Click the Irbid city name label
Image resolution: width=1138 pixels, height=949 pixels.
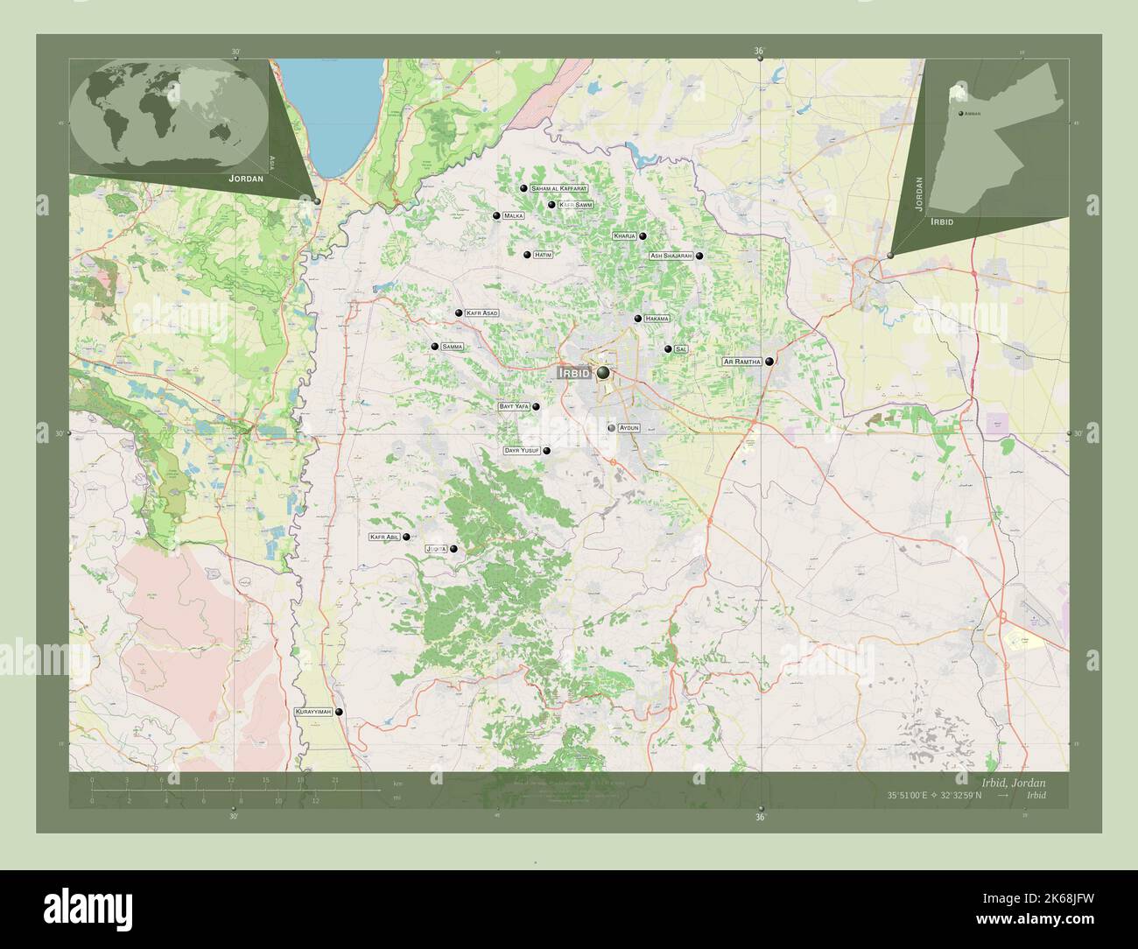[573, 373]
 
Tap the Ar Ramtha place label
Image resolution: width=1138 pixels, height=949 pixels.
[741, 362]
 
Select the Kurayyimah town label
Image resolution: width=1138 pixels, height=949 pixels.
[313, 714]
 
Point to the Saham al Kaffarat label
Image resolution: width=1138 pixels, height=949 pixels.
[558, 188]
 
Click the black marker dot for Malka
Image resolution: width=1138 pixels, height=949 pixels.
[496, 215]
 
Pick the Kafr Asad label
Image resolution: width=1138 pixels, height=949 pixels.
[482, 313]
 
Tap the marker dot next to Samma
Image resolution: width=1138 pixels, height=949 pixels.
[434, 347]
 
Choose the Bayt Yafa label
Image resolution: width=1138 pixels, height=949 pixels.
[514, 406]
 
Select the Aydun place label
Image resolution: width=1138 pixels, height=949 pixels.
[629, 428]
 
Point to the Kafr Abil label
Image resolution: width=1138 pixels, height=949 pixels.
[384, 538]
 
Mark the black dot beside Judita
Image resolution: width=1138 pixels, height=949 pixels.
[453, 549]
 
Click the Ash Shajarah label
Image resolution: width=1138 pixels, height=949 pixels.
[671, 256]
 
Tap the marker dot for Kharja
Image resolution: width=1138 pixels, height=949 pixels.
[643, 235]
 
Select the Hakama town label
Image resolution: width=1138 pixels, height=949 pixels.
[657, 319]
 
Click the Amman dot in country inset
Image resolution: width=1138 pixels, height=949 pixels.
[961, 115]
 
